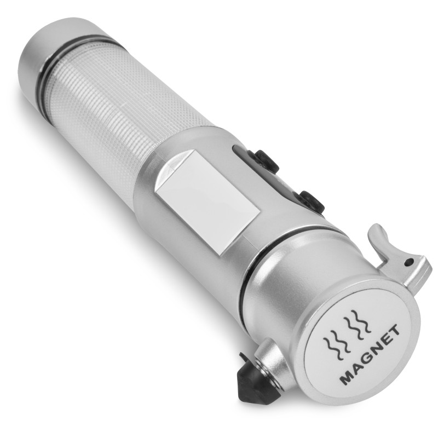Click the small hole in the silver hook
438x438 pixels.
click(x=409, y=262)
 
